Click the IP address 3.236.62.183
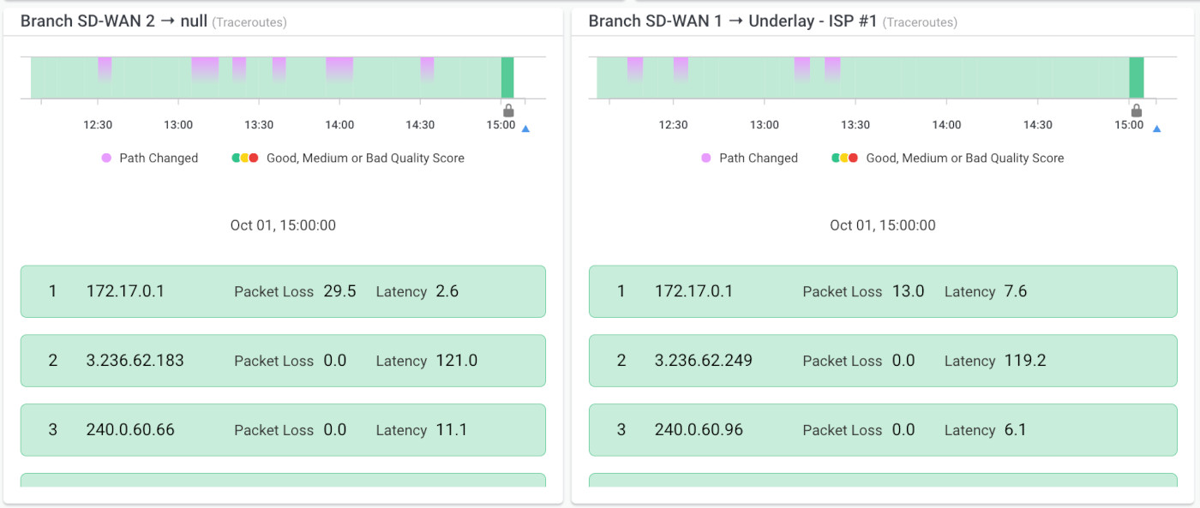click(x=135, y=361)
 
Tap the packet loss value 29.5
click(x=339, y=291)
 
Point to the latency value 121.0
click(x=456, y=361)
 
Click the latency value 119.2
click(x=1024, y=361)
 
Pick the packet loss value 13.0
click(x=908, y=291)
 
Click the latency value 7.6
click(x=1015, y=291)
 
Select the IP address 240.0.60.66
click(x=130, y=430)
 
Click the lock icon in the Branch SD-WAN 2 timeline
click(x=508, y=111)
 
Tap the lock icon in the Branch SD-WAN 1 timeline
click(x=1137, y=111)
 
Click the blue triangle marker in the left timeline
click(x=525, y=129)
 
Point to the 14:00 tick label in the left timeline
click(x=339, y=125)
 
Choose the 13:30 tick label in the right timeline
click(x=855, y=125)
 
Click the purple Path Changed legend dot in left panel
click(x=106, y=158)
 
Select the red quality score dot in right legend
click(x=854, y=158)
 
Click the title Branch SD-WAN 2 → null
click(x=114, y=21)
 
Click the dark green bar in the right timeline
click(x=1137, y=77)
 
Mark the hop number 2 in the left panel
click(x=52, y=361)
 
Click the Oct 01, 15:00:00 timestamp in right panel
click(x=882, y=225)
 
